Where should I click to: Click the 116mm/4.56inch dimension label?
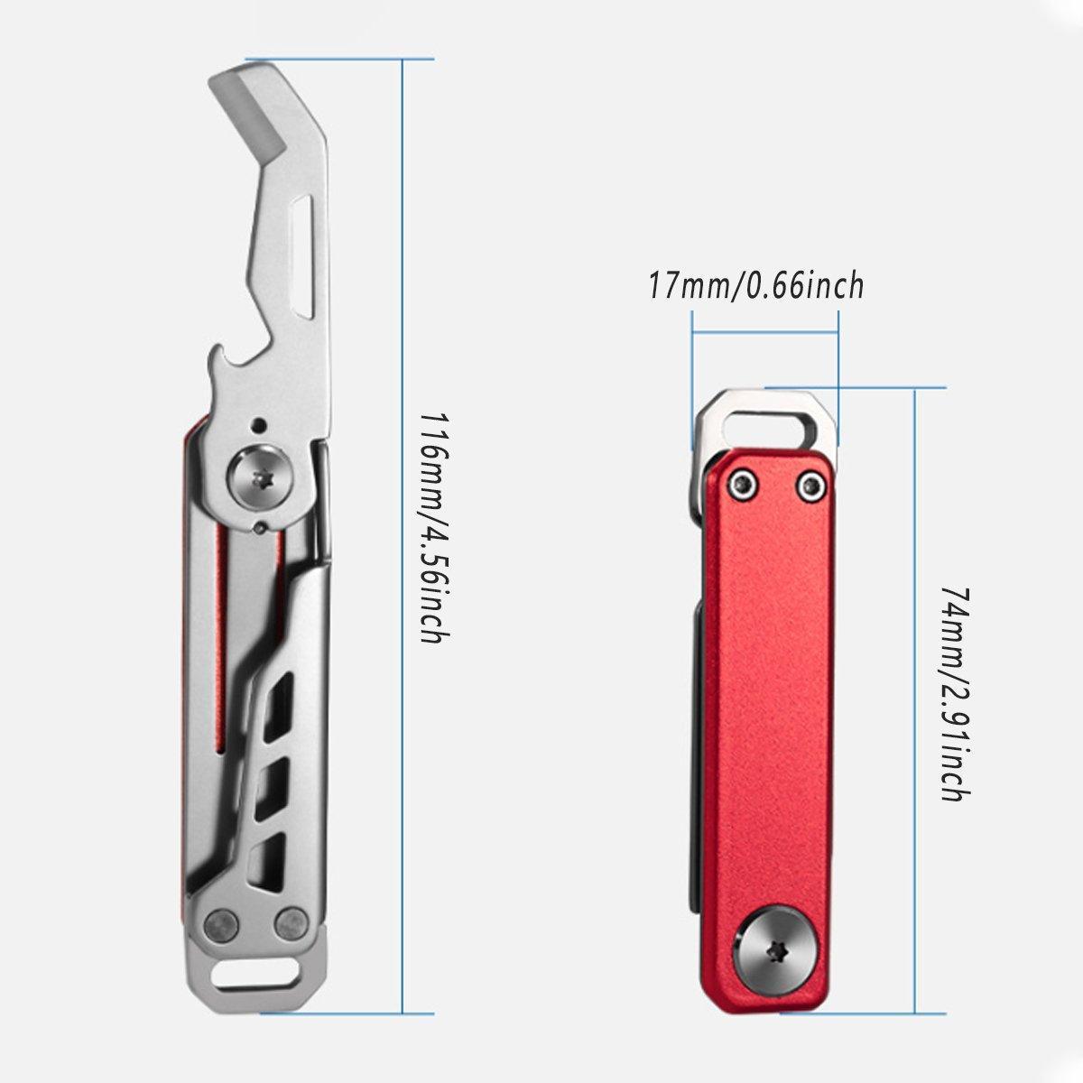point(436,528)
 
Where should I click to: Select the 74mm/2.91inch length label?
point(955,695)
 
